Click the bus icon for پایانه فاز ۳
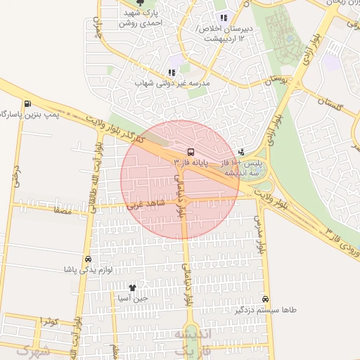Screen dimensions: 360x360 click(191, 151)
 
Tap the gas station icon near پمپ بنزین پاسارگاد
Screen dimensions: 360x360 click(27, 103)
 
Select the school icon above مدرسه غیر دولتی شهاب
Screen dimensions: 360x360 click(172, 72)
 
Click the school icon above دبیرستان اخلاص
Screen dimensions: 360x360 click(224, 18)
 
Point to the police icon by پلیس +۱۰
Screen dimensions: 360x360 click(242, 151)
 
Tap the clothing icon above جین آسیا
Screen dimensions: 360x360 click(133, 288)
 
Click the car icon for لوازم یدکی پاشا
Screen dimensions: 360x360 click(86, 259)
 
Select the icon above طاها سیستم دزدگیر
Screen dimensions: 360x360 click(265, 299)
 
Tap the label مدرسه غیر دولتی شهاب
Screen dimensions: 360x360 click(172, 83)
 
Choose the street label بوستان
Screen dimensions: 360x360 click(274, 82)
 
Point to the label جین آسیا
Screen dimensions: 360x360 click(134, 298)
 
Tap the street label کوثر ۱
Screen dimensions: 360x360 click(48, 321)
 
